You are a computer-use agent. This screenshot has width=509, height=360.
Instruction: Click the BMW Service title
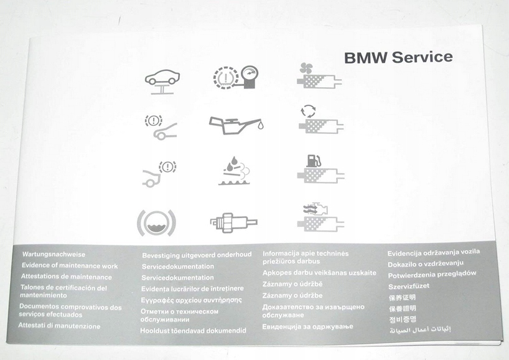coord(398,57)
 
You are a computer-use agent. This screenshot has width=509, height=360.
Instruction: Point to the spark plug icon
coord(233,221)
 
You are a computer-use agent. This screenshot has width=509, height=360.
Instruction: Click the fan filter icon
coord(320,77)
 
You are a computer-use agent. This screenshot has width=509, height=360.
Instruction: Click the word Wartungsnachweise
coord(54,255)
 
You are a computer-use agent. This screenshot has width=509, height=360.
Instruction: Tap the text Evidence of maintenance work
coord(69,265)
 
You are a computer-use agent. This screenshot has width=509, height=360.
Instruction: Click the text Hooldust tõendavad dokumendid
coord(193,331)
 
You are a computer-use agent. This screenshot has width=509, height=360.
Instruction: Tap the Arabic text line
coord(419,328)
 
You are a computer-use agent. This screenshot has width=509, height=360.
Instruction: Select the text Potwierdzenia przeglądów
coord(432,274)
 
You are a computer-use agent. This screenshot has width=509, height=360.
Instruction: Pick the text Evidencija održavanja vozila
coord(434,253)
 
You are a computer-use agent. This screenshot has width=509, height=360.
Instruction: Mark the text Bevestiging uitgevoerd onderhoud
coord(197,255)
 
